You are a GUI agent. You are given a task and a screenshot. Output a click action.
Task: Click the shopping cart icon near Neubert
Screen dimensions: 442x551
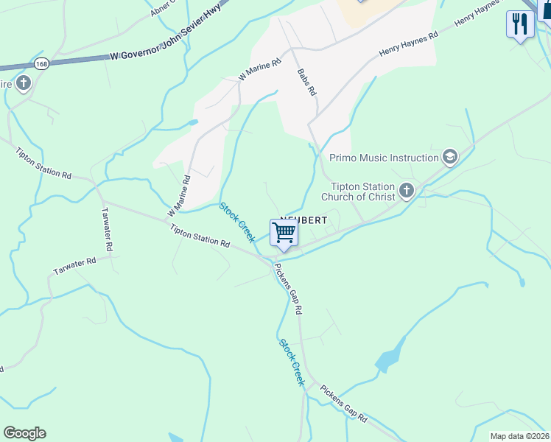coord(284,234)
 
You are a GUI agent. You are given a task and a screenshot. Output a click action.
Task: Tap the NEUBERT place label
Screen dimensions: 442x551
coord(292,220)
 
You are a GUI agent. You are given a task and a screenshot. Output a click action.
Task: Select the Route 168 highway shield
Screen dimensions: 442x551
coord(43,63)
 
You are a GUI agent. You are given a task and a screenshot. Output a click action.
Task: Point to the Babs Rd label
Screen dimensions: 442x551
coord(306,83)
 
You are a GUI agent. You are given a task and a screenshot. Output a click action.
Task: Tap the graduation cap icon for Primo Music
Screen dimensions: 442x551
coord(449,156)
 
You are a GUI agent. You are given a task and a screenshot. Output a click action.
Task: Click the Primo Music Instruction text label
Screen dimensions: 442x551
coord(384,158)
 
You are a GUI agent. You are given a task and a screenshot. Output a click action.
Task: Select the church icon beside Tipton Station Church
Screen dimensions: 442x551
coord(405,192)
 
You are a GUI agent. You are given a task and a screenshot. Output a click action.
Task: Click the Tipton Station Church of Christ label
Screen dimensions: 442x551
coord(362,192)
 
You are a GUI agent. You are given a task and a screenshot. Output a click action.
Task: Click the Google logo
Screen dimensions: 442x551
coord(24,433)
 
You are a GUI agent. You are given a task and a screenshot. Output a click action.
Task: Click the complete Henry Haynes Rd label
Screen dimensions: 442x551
coord(409,43)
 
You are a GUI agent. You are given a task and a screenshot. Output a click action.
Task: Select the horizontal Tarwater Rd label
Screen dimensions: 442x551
coord(75,267)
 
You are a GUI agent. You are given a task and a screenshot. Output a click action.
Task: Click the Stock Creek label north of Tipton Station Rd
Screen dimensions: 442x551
coord(237,222)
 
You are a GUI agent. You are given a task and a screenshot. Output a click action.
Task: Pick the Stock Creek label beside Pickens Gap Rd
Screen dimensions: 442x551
coord(292,362)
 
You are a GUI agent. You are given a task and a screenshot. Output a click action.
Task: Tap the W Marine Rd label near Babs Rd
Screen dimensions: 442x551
coord(260,70)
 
